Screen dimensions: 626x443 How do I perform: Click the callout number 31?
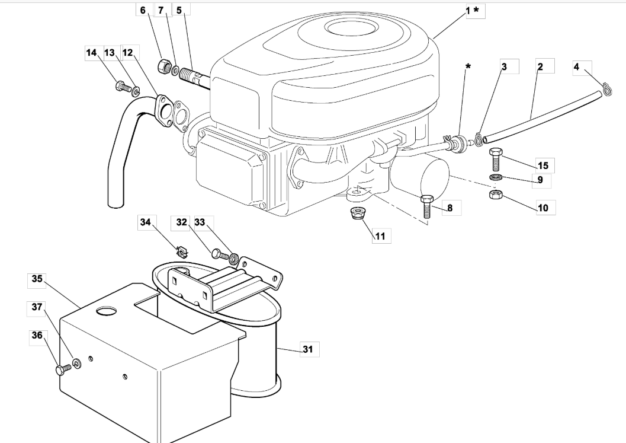[307, 349]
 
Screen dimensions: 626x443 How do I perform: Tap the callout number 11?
[380, 236]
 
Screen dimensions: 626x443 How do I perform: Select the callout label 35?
[37, 279]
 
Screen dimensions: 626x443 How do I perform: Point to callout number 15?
[543, 165]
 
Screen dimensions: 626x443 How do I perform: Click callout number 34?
[145, 222]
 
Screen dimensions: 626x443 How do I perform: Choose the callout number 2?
[540, 66]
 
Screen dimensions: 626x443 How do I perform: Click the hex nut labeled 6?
[163, 66]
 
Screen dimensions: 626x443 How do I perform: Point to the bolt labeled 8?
[427, 206]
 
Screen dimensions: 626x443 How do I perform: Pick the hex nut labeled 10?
[496, 195]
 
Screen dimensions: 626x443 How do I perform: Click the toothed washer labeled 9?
[496, 177]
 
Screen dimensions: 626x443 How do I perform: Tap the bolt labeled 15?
[496, 159]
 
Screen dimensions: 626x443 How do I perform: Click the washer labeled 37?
[76, 364]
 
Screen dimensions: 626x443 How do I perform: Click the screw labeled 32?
[219, 254]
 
